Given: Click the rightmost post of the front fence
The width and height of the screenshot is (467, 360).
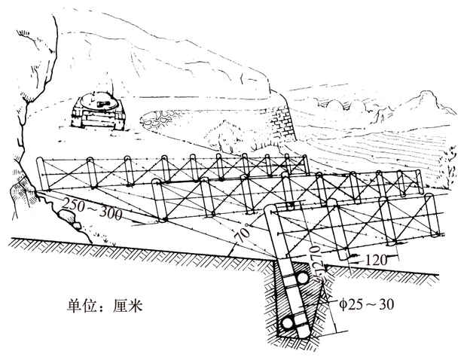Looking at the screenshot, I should (435, 218).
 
